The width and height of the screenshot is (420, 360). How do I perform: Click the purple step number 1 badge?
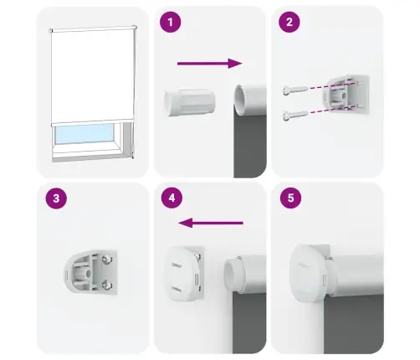(172, 23)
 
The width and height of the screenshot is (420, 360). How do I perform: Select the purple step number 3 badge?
(55, 199)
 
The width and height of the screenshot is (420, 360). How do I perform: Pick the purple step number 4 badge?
(172, 199)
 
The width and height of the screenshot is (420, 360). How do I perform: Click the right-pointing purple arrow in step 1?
(209, 62)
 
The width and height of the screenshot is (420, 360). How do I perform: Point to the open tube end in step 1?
(243, 100)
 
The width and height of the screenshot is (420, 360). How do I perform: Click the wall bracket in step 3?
(91, 271)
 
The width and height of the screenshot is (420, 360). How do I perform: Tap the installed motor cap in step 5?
(309, 273)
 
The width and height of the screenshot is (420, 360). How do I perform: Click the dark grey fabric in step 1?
(249, 151)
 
